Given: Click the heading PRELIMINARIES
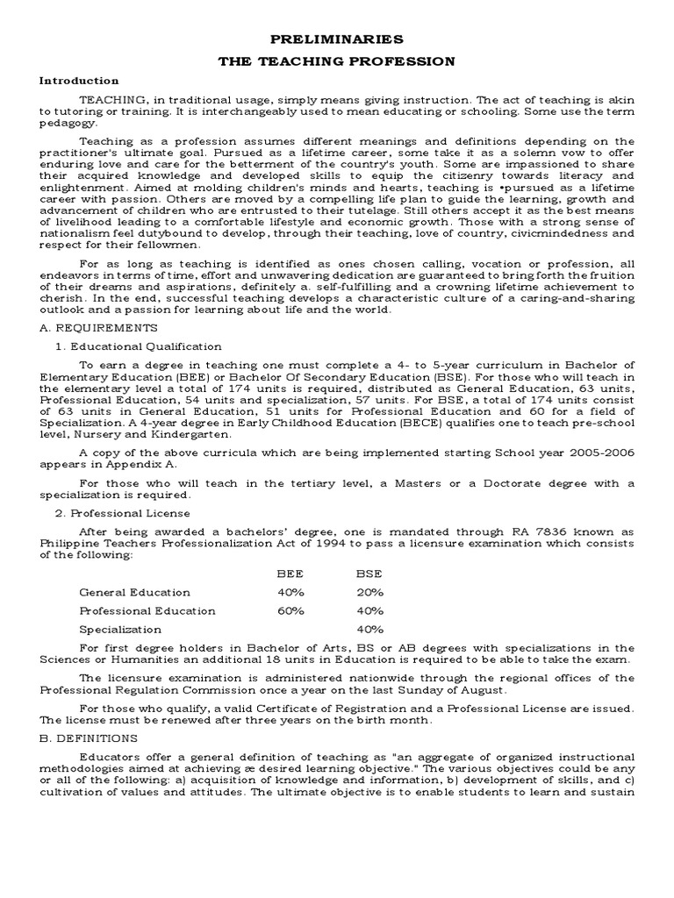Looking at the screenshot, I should click(336, 39).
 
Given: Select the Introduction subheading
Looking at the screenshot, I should click(79, 81).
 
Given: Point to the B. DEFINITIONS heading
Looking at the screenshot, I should click(88, 738).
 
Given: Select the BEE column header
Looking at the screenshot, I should click(291, 573).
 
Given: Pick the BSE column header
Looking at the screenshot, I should click(369, 573).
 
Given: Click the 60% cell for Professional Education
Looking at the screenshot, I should click(291, 610).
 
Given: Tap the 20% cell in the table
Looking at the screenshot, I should click(369, 592).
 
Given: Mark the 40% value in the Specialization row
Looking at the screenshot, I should click(369, 629).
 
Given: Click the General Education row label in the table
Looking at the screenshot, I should click(134, 592).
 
